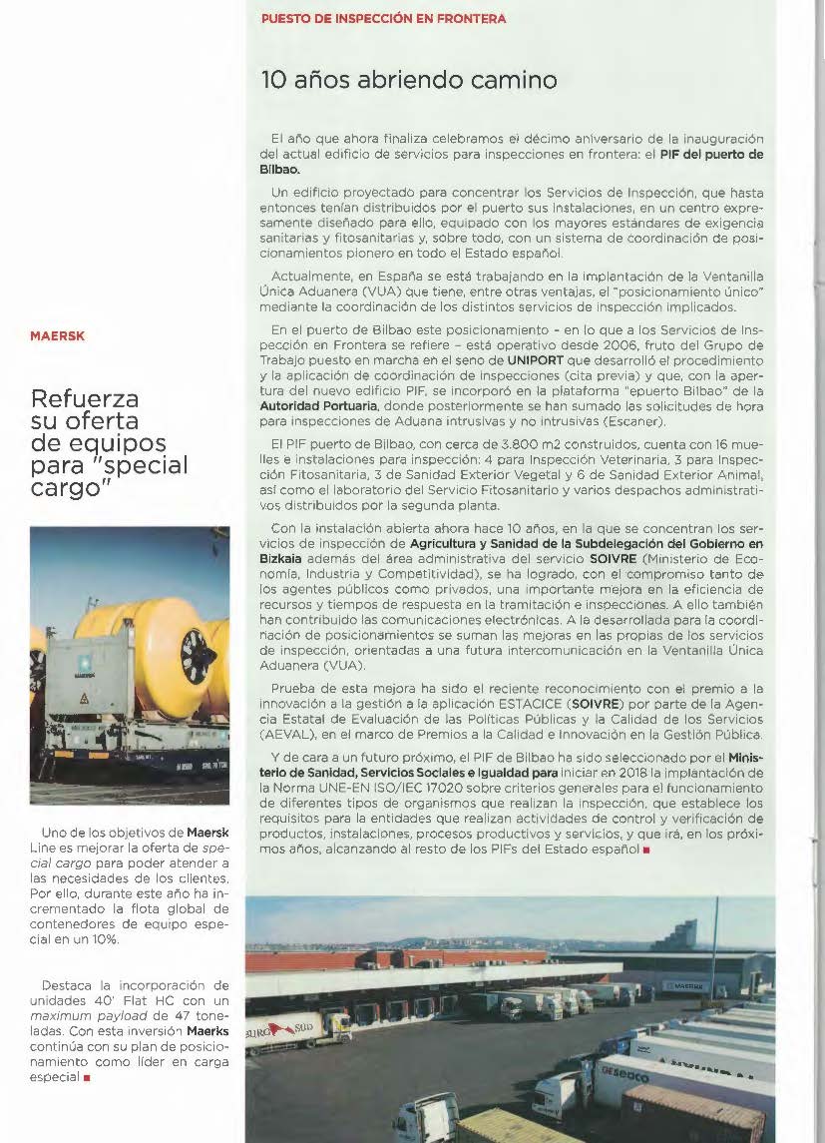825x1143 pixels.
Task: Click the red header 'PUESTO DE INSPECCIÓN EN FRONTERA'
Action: click(383, 19)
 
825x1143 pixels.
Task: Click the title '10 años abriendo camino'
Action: click(409, 80)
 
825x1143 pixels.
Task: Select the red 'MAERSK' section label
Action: click(58, 336)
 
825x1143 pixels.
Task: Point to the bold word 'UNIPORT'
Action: click(535, 359)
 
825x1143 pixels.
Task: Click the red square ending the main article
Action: click(646, 850)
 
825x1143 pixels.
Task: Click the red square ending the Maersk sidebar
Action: click(87, 1078)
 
